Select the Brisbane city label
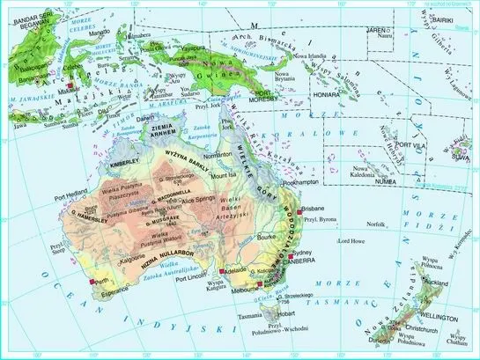(x=314, y=209)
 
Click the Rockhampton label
(x=303, y=183)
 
